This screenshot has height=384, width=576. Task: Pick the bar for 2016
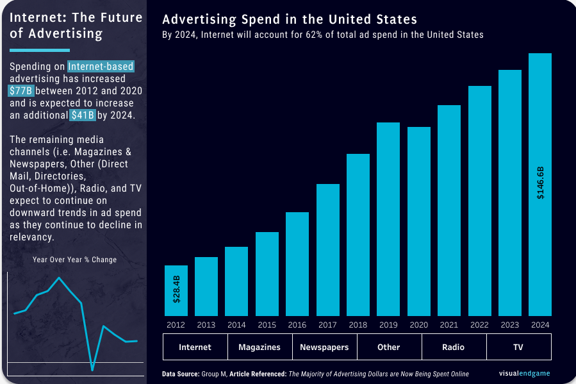(x=297, y=263)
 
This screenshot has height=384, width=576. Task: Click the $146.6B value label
(x=540, y=183)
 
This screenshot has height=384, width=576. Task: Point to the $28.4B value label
(x=177, y=289)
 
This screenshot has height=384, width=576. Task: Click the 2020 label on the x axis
(x=418, y=325)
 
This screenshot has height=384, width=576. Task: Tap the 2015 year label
(x=267, y=325)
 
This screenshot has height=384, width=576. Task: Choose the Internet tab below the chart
(x=195, y=347)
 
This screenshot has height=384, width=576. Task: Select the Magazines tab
(x=259, y=347)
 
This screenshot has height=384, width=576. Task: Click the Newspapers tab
(x=325, y=347)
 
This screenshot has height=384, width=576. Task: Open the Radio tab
(x=454, y=347)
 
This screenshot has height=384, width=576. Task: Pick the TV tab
(x=518, y=347)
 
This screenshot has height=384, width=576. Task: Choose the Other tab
(x=389, y=347)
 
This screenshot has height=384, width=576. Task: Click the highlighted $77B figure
(x=21, y=91)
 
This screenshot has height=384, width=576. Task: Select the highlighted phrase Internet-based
(x=101, y=67)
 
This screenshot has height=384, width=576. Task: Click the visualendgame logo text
(x=524, y=373)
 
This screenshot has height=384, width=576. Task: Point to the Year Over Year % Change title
(x=74, y=260)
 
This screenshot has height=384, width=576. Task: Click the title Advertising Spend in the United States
(x=290, y=19)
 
